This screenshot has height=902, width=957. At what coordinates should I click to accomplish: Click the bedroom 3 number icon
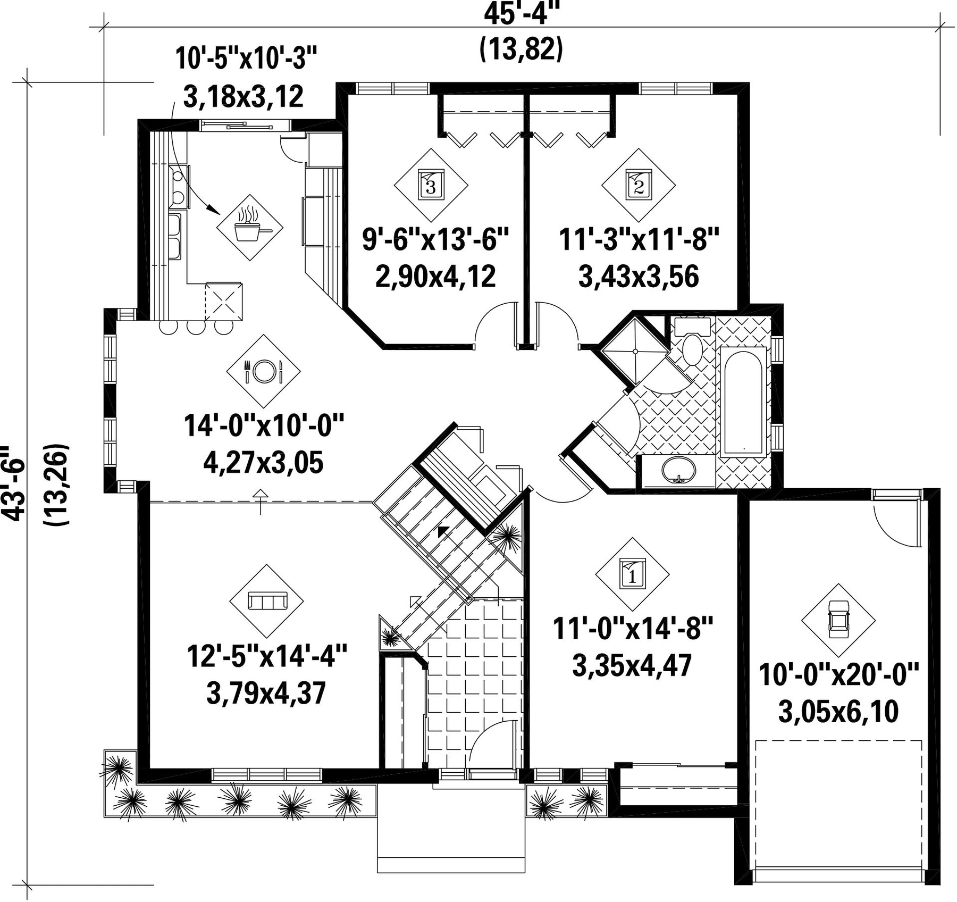[431, 185]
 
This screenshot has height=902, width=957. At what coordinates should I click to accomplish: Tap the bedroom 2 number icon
[639, 185]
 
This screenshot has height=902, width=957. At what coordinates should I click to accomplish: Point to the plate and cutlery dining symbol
[263, 371]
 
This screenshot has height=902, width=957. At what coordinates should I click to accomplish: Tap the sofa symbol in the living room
[267, 601]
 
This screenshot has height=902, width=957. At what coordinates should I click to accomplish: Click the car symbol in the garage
[839, 620]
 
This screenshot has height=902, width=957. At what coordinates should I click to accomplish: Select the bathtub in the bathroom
[743, 401]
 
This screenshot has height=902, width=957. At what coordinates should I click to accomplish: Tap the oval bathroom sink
[678, 470]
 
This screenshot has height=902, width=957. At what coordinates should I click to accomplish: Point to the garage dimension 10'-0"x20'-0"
[838, 675]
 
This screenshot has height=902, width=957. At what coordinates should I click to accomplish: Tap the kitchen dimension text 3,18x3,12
[244, 97]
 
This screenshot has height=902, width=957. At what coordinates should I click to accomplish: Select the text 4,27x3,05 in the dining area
[263, 463]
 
